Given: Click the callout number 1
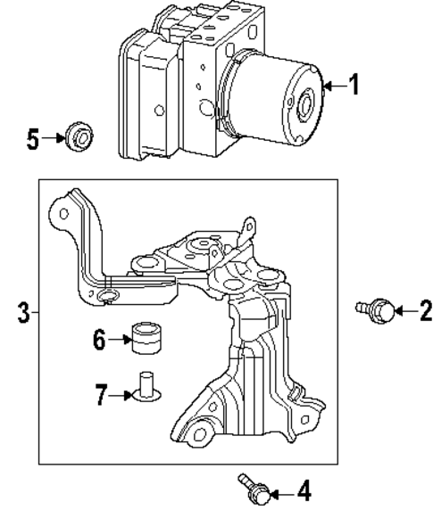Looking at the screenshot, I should (354, 86).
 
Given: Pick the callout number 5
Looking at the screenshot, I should (33, 139).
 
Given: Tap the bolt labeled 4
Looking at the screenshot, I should (252, 488).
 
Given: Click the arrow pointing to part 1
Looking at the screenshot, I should (331, 86).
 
